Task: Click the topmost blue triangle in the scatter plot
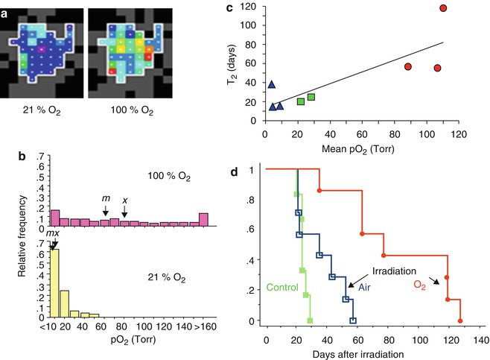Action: tap(271, 84)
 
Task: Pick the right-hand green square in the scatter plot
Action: tap(311, 97)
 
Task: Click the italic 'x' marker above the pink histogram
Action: tap(124, 200)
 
